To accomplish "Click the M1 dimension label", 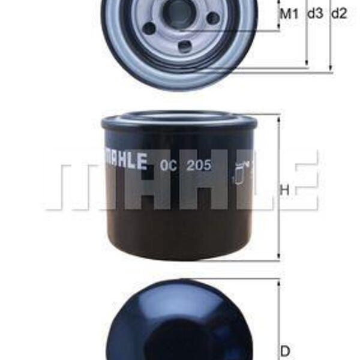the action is click(x=289, y=14).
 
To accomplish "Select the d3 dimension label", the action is click(x=315, y=14).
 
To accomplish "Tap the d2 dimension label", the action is click(x=339, y=14).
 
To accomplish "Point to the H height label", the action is click(x=285, y=190).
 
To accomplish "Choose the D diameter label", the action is click(x=286, y=350).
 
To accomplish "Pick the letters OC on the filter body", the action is click(x=169, y=165).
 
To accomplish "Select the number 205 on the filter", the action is click(x=199, y=165).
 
